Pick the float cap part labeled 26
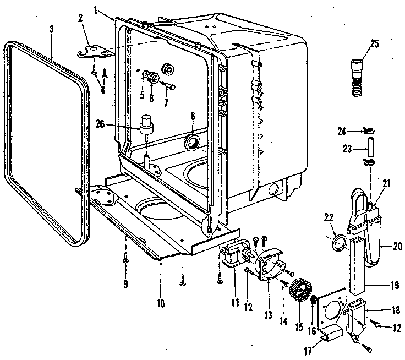147,126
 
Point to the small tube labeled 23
369,147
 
